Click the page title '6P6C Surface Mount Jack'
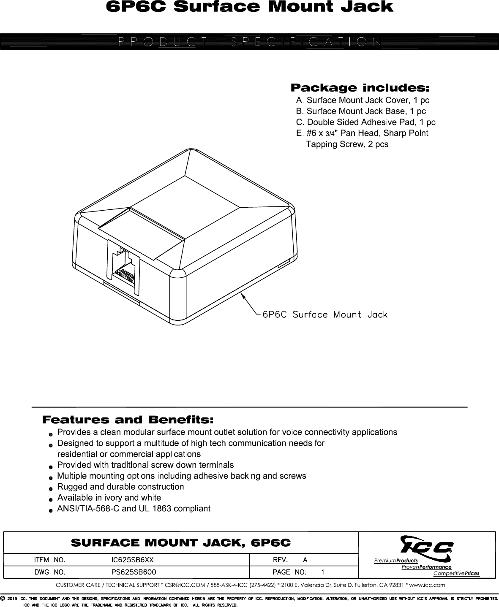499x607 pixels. click(x=249, y=7)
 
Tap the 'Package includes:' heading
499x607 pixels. click(x=360, y=88)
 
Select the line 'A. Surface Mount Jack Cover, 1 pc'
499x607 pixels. click(x=363, y=100)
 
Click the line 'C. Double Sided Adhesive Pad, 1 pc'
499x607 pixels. click(x=366, y=122)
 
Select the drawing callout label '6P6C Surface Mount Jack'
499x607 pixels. click(x=325, y=315)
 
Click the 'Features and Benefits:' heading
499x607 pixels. click(x=128, y=420)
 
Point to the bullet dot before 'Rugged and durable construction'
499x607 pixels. click(x=50, y=488)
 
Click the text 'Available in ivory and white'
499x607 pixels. click(x=109, y=498)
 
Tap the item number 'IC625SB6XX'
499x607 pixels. click(x=132, y=560)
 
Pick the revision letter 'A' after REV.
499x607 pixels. click(x=305, y=560)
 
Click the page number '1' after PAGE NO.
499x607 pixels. click(x=323, y=573)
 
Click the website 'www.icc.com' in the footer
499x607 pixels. click(x=428, y=585)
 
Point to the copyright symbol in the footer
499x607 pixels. click(x=3, y=599)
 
